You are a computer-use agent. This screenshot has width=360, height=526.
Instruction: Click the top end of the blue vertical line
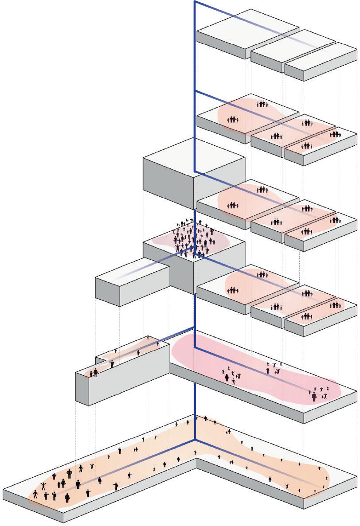pyautogui.click(x=195, y=2)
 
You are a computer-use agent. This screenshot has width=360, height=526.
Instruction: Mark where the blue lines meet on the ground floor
pyautogui.click(x=195, y=440)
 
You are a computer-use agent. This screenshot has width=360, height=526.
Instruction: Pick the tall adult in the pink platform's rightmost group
pyautogui.click(x=314, y=396)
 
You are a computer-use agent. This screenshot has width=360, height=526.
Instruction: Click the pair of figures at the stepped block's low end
pyautogui.click(x=94, y=373)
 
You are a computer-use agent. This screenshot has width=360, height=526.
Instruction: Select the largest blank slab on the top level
pyautogui.click(x=247, y=33)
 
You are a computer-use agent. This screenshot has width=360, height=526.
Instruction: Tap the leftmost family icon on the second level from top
pyautogui.click(x=233, y=119)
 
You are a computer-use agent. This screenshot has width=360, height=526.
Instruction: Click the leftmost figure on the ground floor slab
pyautogui.click(x=35, y=494)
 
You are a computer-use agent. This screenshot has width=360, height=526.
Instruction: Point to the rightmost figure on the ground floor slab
pyautogui.click(x=327, y=478)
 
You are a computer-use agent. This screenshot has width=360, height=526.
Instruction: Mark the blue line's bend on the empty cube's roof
pyautogui.click(x=195, y=171)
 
